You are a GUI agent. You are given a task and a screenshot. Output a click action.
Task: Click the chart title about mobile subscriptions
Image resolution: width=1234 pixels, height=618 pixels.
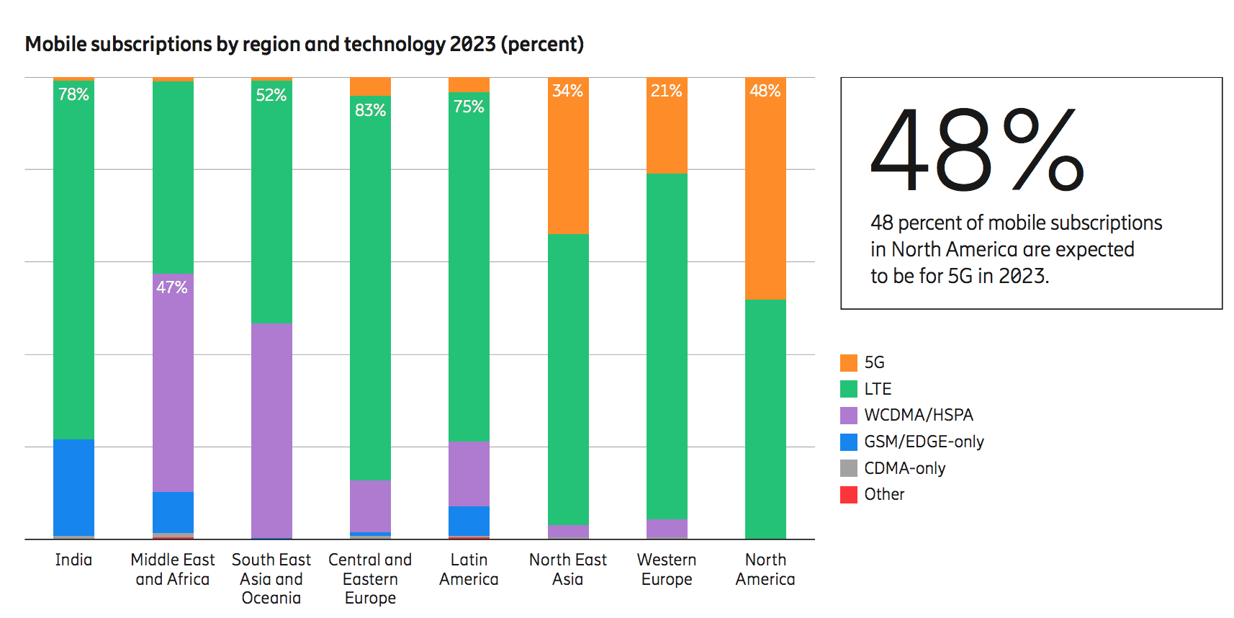pyautogui.click(x=304, y=45)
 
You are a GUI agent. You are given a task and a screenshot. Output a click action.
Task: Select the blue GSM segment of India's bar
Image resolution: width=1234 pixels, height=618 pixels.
pyautogui.click(x=73, y=487)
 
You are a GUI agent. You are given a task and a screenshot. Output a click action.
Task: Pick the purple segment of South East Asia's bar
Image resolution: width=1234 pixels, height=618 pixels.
pyautogui.click(x=271, y=431)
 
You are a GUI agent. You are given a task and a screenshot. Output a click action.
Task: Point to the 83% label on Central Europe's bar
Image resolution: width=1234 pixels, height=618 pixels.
pyautogui.click(x=370, y=110)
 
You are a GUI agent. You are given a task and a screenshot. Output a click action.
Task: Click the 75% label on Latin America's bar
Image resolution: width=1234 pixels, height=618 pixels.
pyautogui.click(x=469, y=107)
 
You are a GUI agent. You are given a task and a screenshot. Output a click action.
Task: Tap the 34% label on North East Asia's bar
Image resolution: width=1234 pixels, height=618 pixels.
pyautogui.click(x=567, y=91)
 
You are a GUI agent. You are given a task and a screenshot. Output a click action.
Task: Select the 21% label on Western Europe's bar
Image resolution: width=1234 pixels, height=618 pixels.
pyautogui.click(x=666, y=91)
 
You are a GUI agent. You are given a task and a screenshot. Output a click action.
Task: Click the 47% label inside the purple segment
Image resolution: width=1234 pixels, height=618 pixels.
pyautogui.click(x=172, y=287)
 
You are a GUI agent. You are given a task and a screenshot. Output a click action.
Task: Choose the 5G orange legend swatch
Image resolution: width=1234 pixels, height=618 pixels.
pyautogui.click(x=849, y=362)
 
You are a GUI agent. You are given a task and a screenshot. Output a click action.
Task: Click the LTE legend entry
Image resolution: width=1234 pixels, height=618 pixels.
pyautogui.click(x=878, y=389)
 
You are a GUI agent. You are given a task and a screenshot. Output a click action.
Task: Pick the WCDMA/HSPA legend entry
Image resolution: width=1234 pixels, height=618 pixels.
pyautogui.click(x=918, y=415)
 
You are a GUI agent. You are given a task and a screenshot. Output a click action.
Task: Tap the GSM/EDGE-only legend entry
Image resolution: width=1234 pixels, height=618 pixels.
pyautogui.click(x=924, y=442)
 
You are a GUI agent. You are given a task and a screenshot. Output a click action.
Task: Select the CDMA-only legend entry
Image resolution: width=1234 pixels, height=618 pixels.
pyautogui.click(x=904, y=468)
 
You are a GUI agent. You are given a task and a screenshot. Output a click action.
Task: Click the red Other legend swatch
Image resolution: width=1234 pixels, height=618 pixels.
pyautogui.click(x=849, y=495)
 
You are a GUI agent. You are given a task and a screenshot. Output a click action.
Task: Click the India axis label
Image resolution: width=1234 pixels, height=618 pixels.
pyautogui.click(x=73, y=560)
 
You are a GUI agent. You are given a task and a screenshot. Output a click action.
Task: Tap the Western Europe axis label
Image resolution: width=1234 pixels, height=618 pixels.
pyautogui.click(x=667, y=569)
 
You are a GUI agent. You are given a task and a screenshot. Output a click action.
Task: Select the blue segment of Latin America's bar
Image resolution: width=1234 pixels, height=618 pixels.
pyautogui.click(x=469, y=521)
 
